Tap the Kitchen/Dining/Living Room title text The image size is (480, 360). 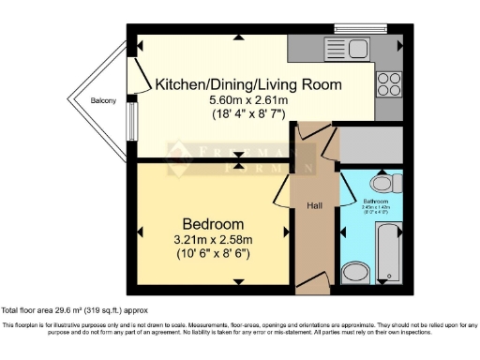[x=248, y=84]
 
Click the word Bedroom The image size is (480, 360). [x=213, y=224]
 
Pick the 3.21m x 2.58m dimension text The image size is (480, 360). [x=213, y=240]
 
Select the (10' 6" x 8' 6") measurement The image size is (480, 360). [x=213, y=254]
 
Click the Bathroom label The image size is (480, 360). [x=378, y=202]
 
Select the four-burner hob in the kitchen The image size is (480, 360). [x=389, y=84]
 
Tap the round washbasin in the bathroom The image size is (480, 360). [x=354, y=272]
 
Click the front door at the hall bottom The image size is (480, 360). [x=312, y=283]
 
